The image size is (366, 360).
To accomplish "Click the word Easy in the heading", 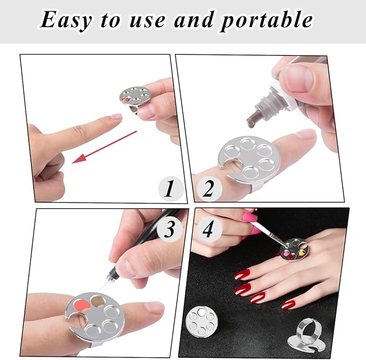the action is pos(66,20).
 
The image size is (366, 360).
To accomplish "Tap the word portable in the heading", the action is pos(267,21).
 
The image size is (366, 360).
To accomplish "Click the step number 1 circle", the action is pos(170,188).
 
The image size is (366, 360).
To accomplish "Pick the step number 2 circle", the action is pos(209,188).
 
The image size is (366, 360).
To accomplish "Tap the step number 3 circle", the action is pos(169,229).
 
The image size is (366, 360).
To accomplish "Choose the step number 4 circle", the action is pos(208,229).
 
